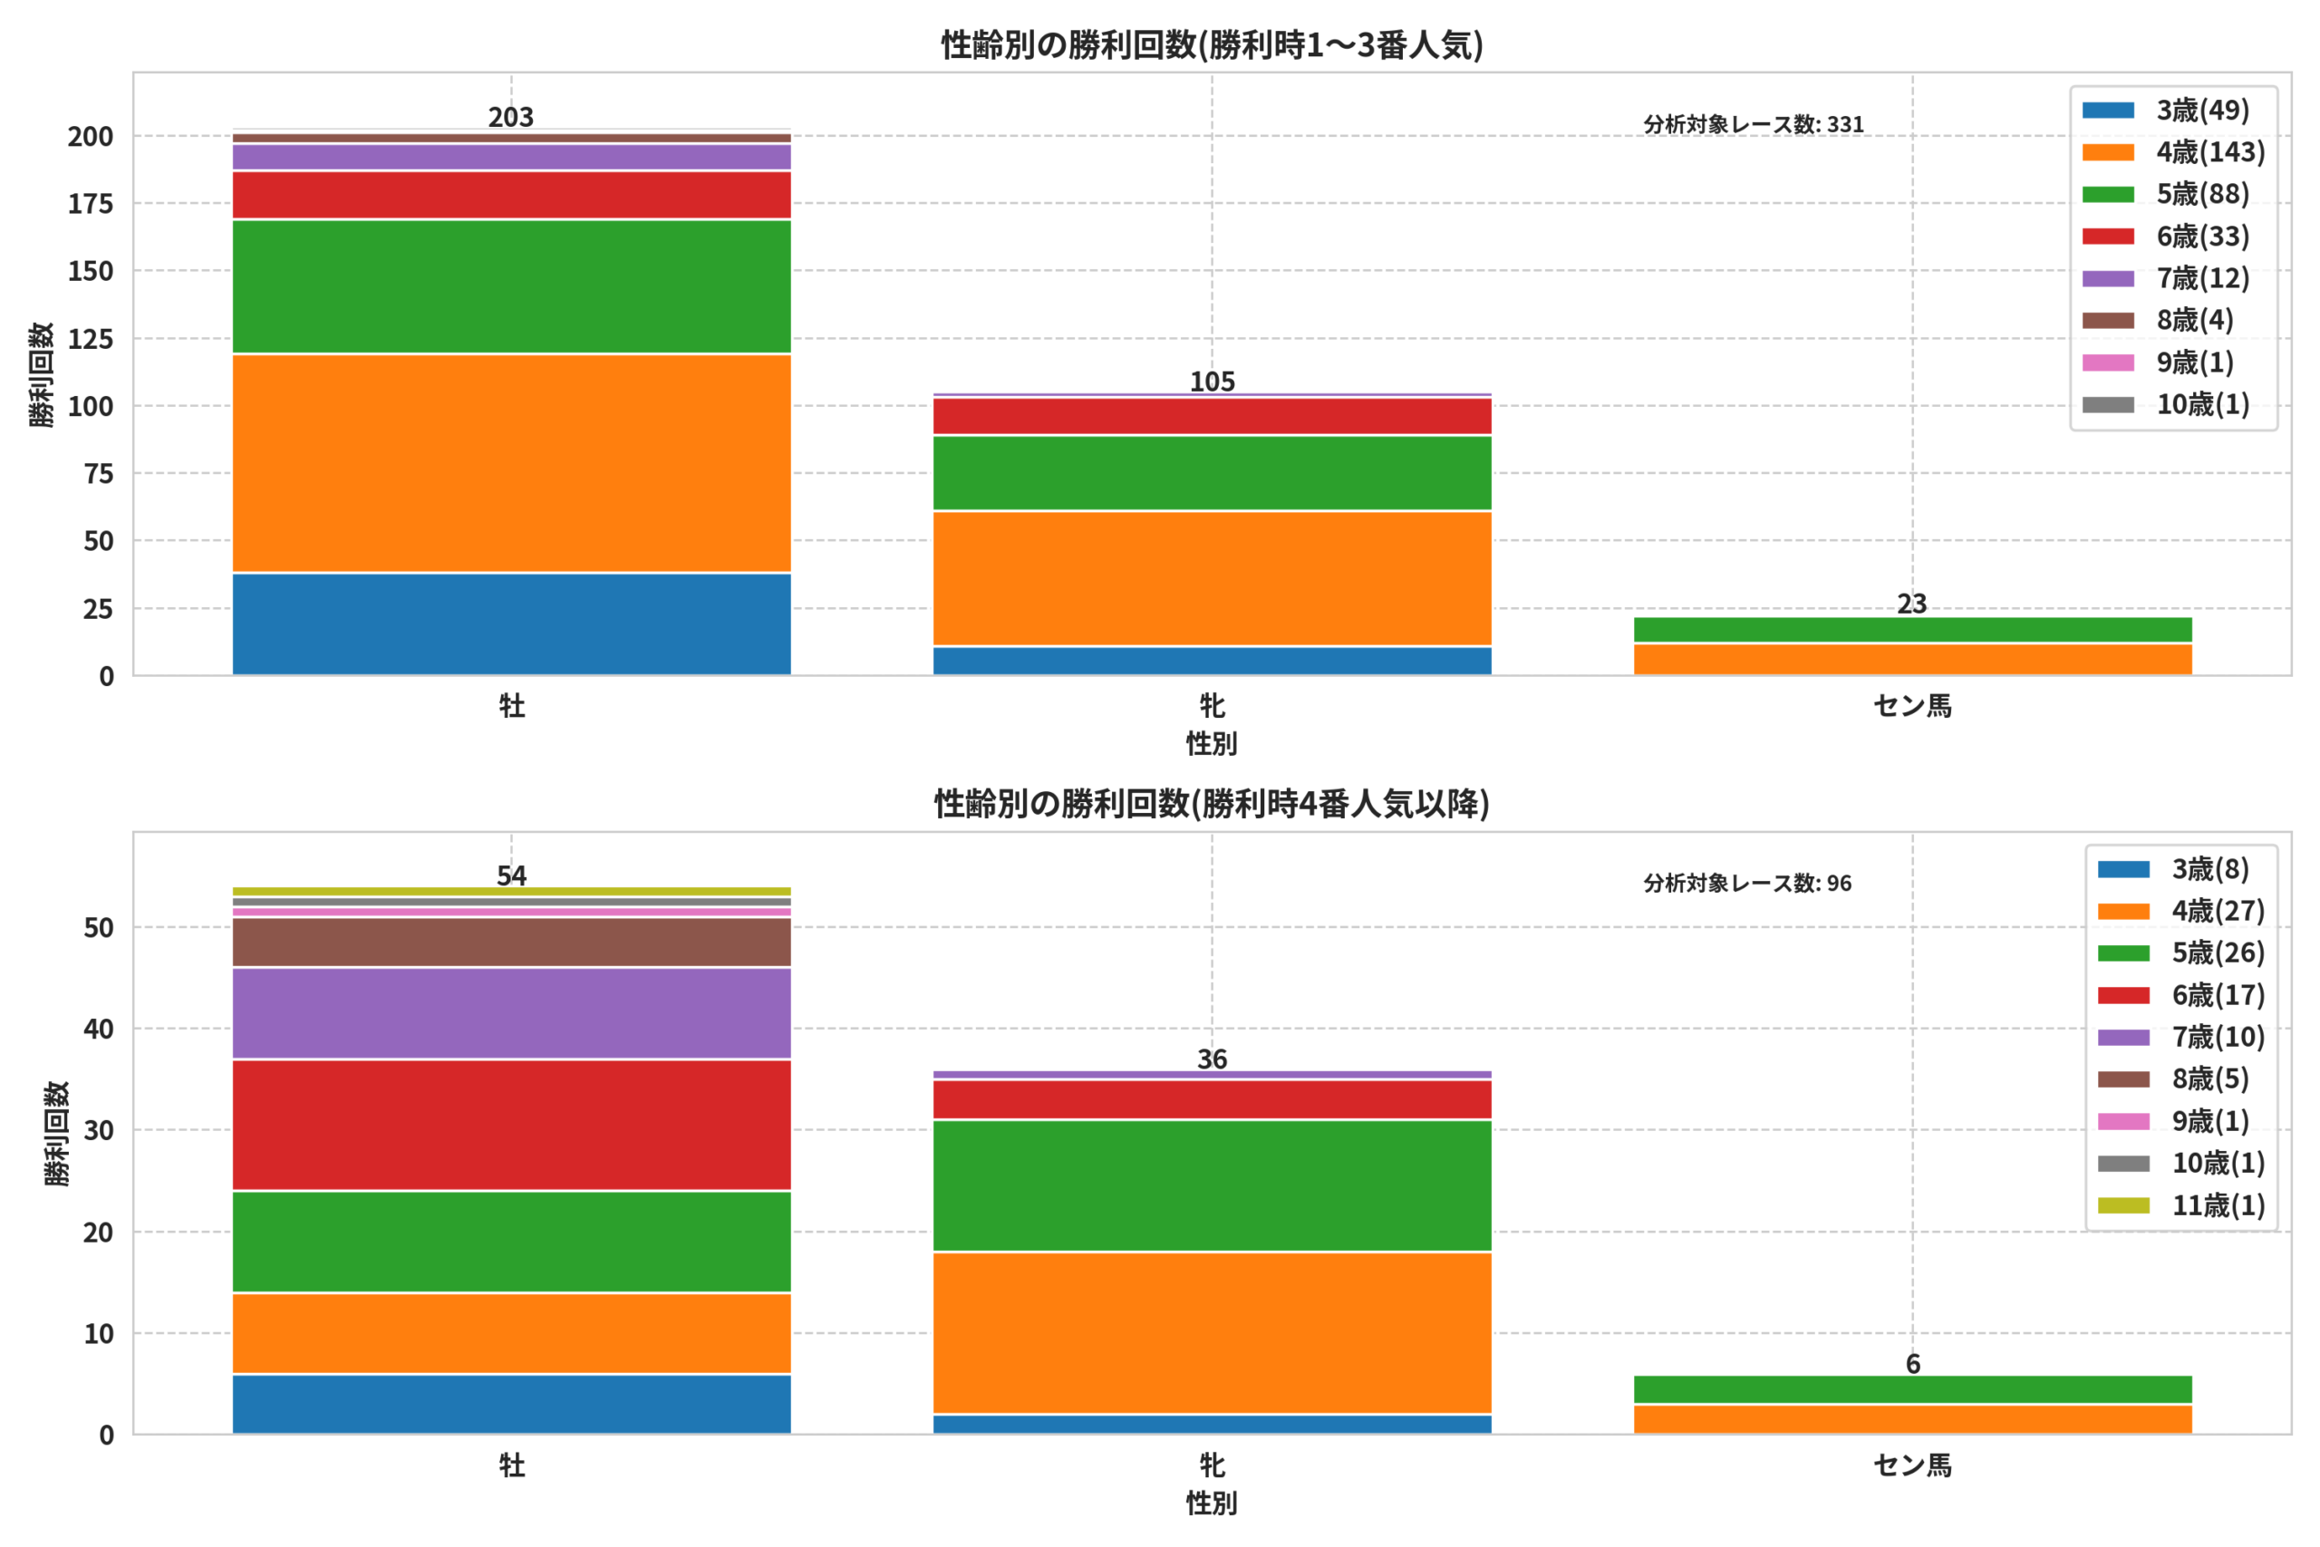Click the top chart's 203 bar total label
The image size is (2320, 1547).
pos(511,118)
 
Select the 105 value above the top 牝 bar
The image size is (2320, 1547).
pos(1213,382)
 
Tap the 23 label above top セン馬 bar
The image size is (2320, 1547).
pos(1911,604)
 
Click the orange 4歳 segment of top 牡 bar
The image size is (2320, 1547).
pos(511,463)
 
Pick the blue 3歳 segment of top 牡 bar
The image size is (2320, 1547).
pos(511,624)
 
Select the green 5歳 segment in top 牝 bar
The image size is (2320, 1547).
pos(1213,472)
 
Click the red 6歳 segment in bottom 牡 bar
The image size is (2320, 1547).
pos(511,1125)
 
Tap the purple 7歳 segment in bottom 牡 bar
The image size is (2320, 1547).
pos(511,1013)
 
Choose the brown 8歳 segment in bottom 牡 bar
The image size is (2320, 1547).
pos(511,943)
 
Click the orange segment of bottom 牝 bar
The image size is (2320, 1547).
pos(1213,1333)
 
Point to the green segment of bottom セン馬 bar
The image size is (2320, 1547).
pos(1912,1389)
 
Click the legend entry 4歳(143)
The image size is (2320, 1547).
pos(2173,152)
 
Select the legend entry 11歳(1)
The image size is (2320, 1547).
pos(2181,1204)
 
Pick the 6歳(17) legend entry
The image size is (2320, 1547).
pos(2181,994)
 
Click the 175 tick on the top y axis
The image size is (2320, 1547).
pos(91,204)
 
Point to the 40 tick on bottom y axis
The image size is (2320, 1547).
pos(99,1029)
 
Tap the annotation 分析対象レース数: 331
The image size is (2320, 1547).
pos(1754,124)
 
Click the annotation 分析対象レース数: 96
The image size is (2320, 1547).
pos(1748,883)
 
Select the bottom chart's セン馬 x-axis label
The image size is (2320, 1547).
pos(1912,1465)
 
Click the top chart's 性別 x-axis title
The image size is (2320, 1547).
pos(1213,743)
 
